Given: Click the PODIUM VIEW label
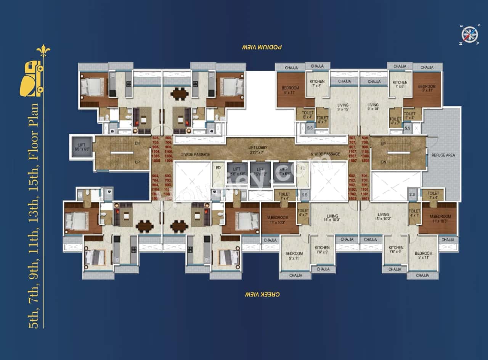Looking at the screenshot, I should tap(262, 47).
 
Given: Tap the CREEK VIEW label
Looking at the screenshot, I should tap(262, 294).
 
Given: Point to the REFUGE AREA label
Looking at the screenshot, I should tap(443, 155).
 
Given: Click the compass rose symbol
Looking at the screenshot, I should tap(469, 35).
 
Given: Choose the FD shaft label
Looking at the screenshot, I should tap(303, 168).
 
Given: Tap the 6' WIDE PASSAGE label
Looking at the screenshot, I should tap(325, 154).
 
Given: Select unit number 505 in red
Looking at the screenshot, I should tap(155, 138).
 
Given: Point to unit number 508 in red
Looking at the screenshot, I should tap(365, 138).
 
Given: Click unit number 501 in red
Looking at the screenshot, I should tap(365, 176).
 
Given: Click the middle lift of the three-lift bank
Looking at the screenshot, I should tap(260, 172).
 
